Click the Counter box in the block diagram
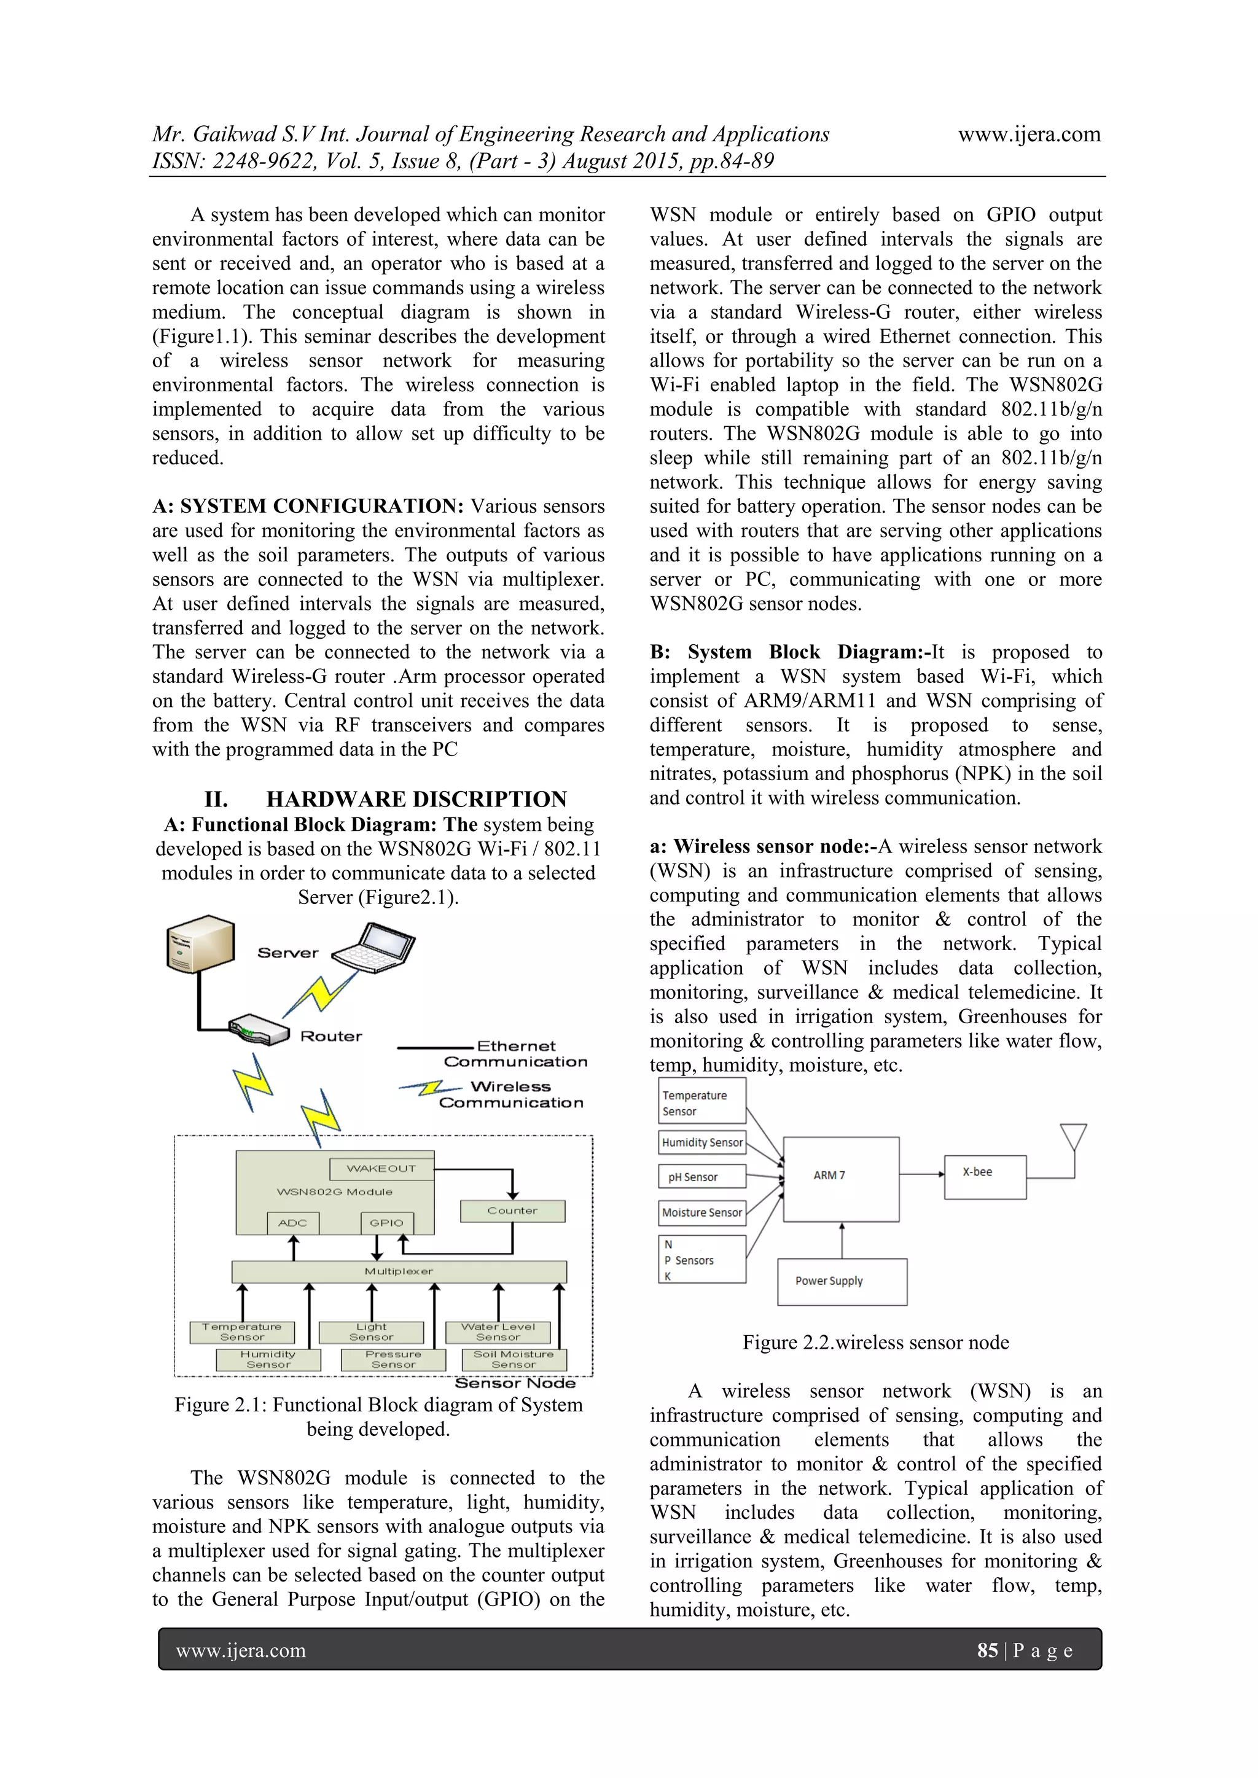click(x=512, y=1211)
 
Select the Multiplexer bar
click(x=399, y=1271)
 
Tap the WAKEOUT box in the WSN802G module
click(x=381, y=1169)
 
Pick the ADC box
click(x=293, y=1223)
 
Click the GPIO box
click(x=386, y=1223)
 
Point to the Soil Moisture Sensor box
click(x=514, y=1360)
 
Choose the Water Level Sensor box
click(x=498, y=1332)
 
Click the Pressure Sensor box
click(x=394, y=1360)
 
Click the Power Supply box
click(x=842, y=1282)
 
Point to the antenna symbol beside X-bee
click(x=1074, y=1139)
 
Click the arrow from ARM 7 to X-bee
click(x=922, y=1174)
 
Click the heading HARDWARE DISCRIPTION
click(x=416, y=799)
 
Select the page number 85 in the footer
click(x=987, y=1650)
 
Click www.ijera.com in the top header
click(x=1029, y=135)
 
